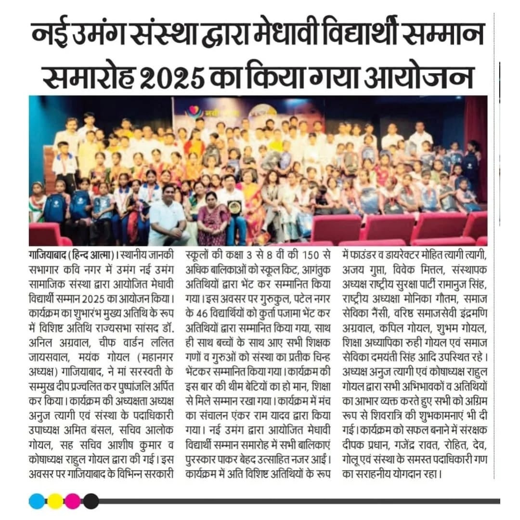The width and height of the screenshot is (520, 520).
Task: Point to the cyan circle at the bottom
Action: [37, 501]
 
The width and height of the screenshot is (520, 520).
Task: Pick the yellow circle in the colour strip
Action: [55, 501]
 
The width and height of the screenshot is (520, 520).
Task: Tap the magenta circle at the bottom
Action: [73, 501]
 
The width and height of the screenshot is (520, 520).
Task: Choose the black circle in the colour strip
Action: [91, 501]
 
